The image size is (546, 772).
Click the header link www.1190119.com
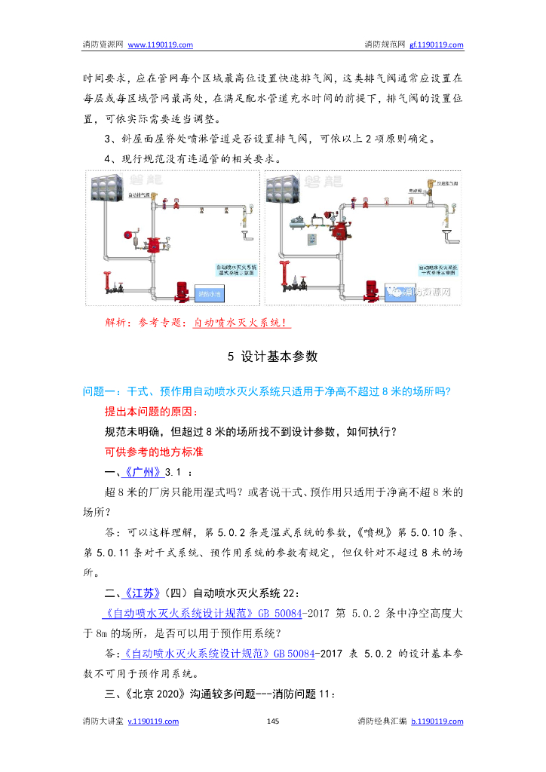click(161, 44)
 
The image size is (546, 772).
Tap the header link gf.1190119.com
click(436, 44)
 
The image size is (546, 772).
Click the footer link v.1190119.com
click(153, 721)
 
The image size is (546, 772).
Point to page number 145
click(273, 721)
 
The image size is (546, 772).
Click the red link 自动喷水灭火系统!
click(241, 323)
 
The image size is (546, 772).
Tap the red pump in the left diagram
click(183, 290)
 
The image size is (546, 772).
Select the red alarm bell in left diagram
click(133, 235)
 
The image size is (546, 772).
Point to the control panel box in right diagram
click(311, 240)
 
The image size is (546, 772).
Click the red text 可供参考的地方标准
click(154, 452)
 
